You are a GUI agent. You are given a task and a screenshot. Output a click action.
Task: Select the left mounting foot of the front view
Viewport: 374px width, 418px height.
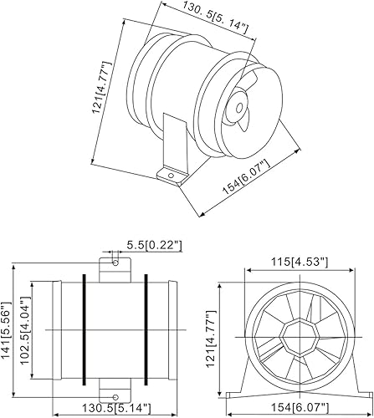click(236, 389)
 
